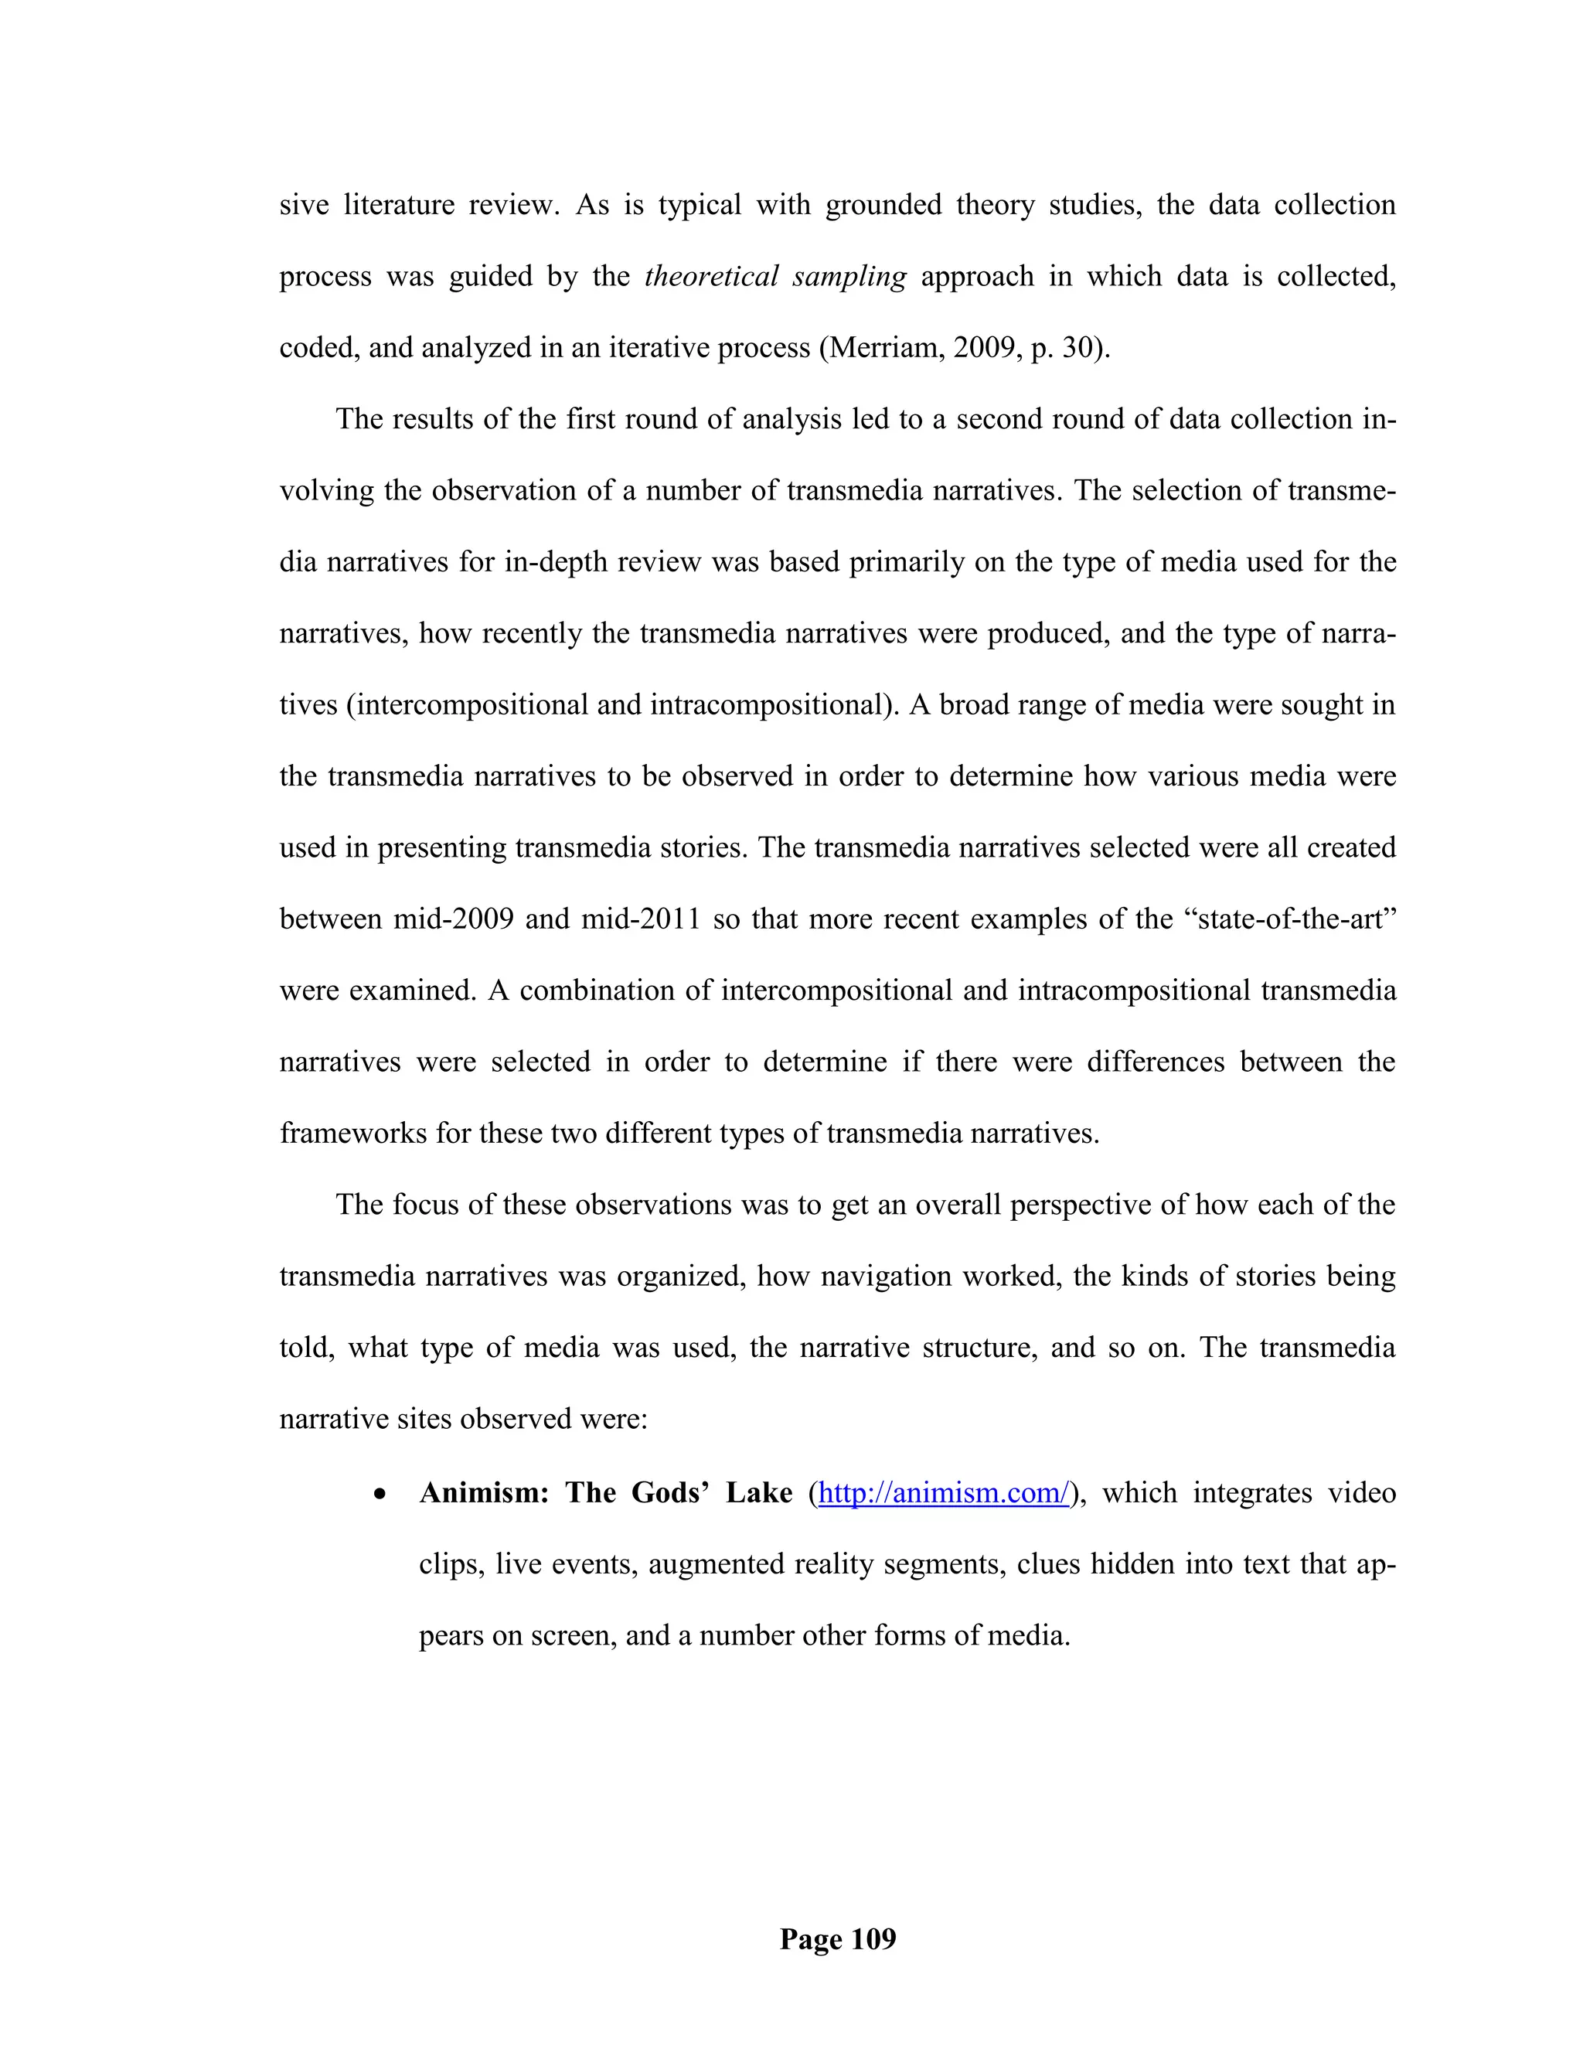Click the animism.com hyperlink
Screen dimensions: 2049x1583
(x=944, y=1492)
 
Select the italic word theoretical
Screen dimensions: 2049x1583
(x=712, y=277)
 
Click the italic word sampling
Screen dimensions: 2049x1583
(x=849, y=277)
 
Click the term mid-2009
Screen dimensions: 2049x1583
(x=453, y=919)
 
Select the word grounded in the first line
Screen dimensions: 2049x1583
(x=883, y=206)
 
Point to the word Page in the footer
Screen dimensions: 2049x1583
(x=811, y=1939)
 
